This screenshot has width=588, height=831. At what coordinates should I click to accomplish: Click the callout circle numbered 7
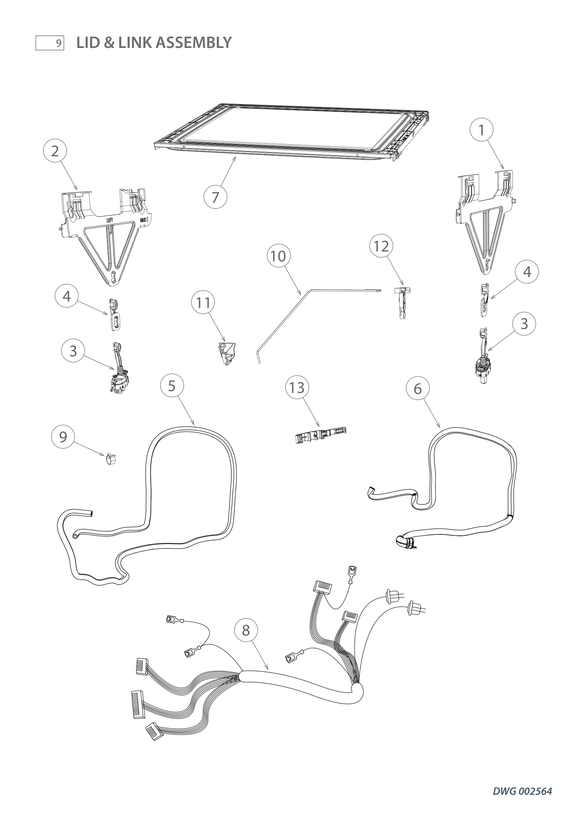point(215,197)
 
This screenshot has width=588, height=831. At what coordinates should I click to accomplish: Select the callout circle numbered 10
point(278,256)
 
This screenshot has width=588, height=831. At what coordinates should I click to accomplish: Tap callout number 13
point(297,388)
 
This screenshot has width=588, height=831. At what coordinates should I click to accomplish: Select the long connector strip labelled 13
point(321,433)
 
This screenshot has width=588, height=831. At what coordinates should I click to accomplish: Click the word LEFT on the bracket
point(109,220)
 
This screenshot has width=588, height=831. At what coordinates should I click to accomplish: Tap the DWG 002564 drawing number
point(522,791)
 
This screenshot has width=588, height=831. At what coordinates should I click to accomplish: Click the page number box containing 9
point(50,43)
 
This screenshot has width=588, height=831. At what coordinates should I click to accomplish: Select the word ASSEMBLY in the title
point(194,43)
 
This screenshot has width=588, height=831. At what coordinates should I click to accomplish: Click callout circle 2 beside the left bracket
point(55,151)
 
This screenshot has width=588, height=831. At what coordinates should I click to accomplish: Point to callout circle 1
point(481,130)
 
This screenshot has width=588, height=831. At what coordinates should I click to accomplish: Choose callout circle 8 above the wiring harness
point(246,630)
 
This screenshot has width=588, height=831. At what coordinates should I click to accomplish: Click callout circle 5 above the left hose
point(172,386)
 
